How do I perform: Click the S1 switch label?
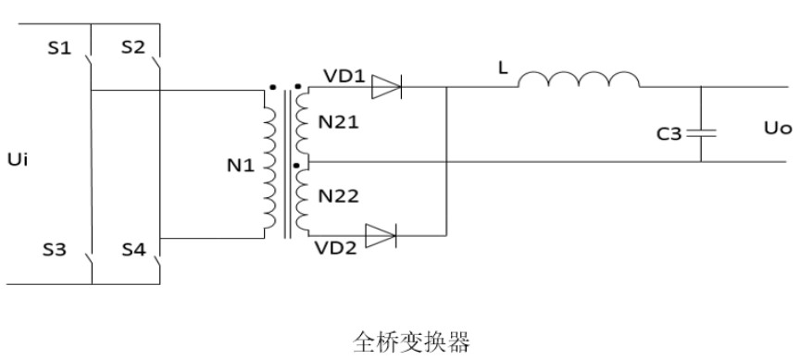59,48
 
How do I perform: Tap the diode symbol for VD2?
380,237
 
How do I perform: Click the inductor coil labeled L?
578,81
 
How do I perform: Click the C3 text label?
669,133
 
